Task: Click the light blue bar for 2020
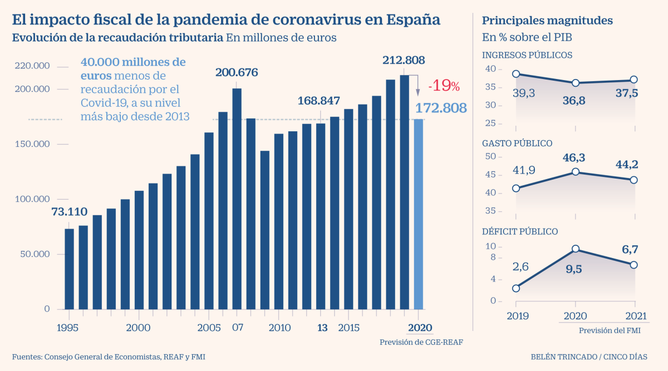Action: [418, 214]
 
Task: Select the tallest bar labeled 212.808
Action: [404, 192]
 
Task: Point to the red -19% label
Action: [444, 86]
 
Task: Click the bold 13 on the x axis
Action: [322, 328]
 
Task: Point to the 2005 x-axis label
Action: [209, 328]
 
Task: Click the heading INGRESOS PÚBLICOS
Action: [527, 55]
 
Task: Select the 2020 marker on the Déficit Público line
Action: [575, 249]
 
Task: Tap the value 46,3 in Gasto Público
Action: [575, 159]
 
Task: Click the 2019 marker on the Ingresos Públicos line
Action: [516, 74]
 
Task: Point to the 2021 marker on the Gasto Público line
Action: [633, 180]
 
